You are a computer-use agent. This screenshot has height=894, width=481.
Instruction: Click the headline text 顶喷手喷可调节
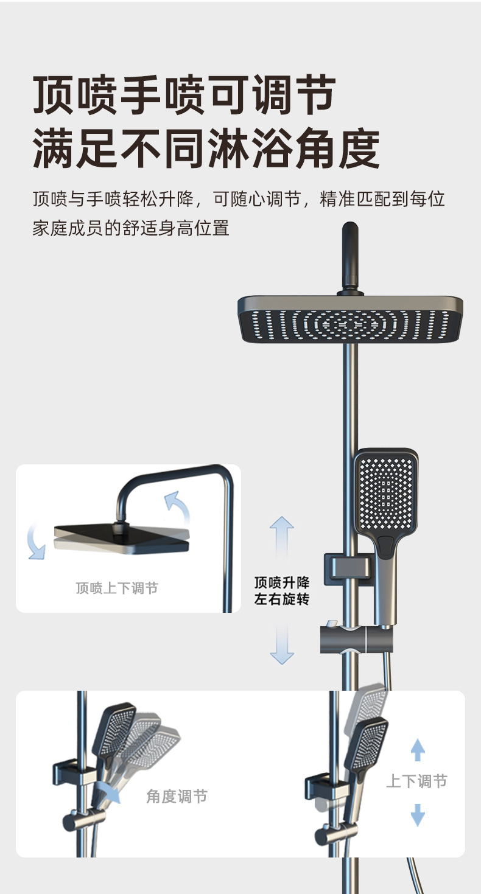(x=184, y=96)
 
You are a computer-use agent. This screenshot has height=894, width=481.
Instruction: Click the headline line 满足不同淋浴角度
(x=206, y=148)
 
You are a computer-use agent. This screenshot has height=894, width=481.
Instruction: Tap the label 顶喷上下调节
(x=117, y=588)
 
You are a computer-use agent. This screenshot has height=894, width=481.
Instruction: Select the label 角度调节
(x=177, y=796)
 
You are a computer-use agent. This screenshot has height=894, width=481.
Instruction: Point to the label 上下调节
(x=416, y=781)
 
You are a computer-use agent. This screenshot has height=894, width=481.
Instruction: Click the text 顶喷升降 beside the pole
(x=282, y=582)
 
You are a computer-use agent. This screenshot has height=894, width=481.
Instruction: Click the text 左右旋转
(x=282, y=599)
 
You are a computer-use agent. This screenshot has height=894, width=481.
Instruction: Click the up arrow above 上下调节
(x=418, y=750)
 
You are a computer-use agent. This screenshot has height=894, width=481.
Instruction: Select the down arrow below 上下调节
(x=418, y=814)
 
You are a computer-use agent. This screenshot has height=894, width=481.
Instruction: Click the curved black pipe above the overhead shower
(x=349, y=256)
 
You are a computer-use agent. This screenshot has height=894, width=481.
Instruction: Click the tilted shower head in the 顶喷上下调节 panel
(x=122, y=539)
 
